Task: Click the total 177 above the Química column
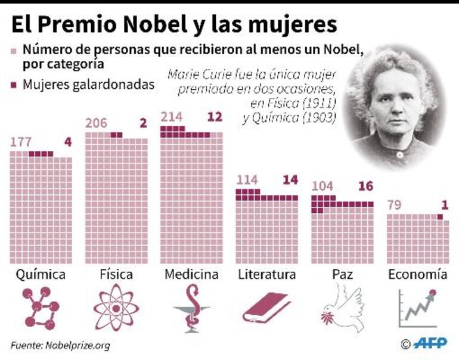[x=21, y=143]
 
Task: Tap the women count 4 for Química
[x=67, y=143]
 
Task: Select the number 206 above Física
[x=97, y=124]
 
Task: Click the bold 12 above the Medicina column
[x=214, y=117]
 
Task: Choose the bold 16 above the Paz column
[x=365, y=187]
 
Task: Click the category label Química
[x=41, y=274]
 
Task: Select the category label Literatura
[x=266, y=274]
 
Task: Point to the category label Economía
[x=417, y=274]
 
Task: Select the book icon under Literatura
[x=266, y=309]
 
